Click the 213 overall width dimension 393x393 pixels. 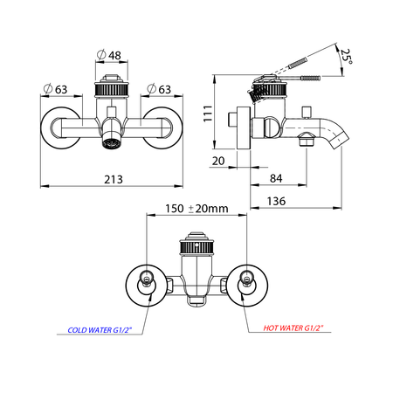pos(114,179)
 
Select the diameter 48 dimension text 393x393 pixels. pos(108,55)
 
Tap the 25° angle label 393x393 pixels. pos(347,56)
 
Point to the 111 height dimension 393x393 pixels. pos(208,114)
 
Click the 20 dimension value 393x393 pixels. pos(218,161)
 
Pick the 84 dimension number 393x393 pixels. pos(276,178)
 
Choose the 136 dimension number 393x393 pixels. pos(276,201)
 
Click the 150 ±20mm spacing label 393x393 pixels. pos(196,209)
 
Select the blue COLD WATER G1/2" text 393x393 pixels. pos(100,330)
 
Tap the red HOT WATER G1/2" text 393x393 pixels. pos(293,328)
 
